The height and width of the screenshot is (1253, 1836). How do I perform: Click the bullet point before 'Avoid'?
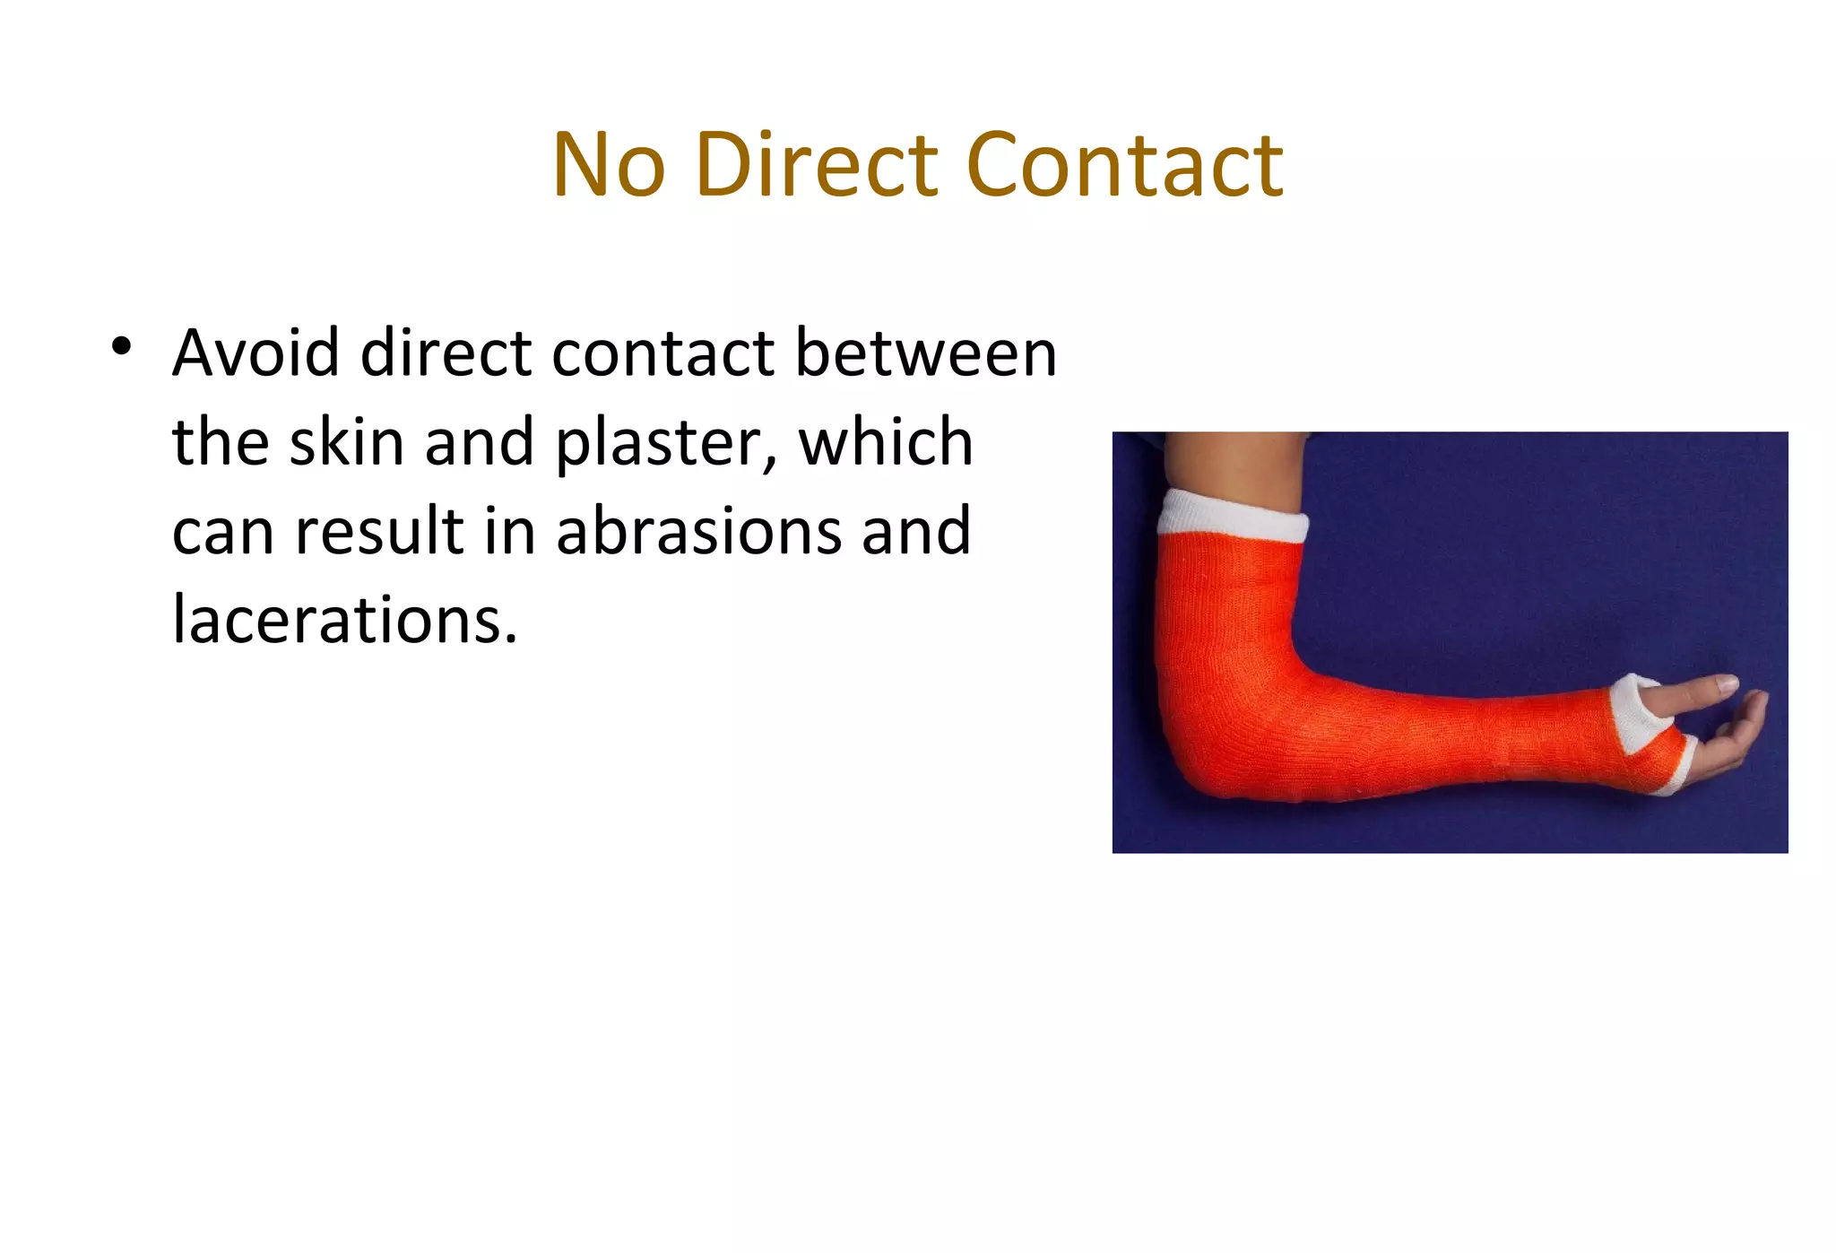pyautogui.click(x=122, y=346)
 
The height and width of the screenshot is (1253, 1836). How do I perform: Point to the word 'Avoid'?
pyautogui.click(x=255, y=352)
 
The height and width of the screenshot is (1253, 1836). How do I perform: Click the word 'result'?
pyautogui.click(x=380, y=531)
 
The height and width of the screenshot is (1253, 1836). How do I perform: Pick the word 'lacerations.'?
pyautogui.click(x=345, y=620)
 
